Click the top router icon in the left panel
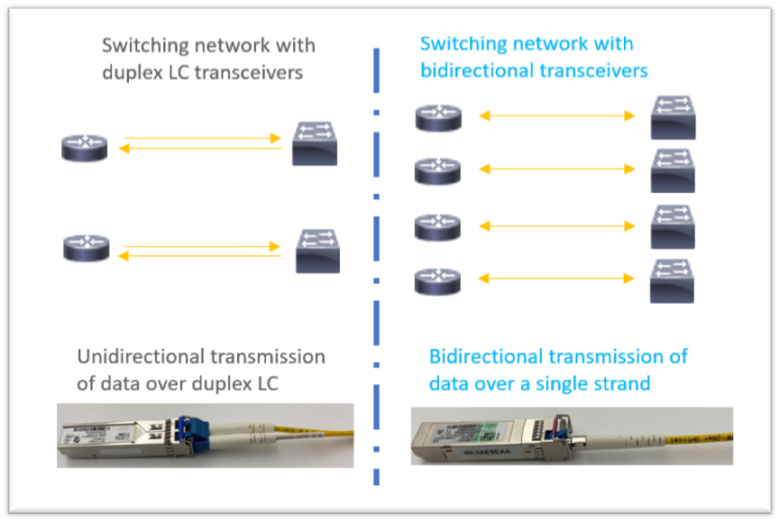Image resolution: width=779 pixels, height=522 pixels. click(x=84, y=147)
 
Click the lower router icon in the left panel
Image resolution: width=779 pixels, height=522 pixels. click(x=87, y=247)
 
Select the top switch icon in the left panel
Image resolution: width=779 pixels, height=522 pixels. click(x=315, y=145)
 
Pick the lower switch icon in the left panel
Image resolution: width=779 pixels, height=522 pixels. click(x=318, y=251)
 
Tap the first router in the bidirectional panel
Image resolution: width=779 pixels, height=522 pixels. click(x=438, y=117)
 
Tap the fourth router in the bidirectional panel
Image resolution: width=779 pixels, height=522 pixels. click(x=438, y=281)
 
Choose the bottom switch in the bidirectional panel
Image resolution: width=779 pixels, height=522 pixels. click(x=673, y=280)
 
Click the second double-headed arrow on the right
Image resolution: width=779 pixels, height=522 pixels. click(x=556, y=169)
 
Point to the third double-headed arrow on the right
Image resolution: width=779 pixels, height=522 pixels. click(x=556, y=225)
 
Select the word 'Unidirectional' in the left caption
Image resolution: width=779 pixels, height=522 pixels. click(x=139, y=356)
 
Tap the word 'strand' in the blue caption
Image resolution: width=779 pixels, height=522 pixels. click(x=619, y=383)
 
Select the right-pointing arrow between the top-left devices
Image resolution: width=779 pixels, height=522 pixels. click(x=203, y=139)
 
